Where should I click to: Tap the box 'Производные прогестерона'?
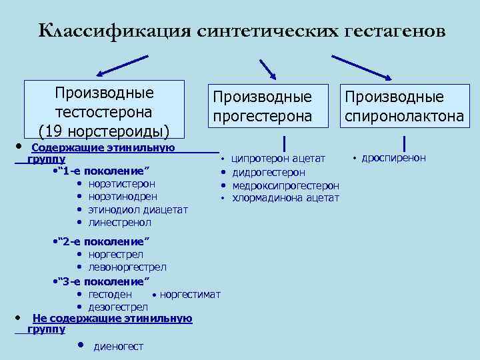coord(262,106)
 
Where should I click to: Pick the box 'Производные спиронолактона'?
coord(404,106)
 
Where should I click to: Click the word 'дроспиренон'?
coord(393,158)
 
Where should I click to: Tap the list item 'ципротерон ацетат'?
coord(278,159)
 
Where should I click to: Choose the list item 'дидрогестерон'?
coord(269,173)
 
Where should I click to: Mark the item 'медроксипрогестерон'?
coord(285,185)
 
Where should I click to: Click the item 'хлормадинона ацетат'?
coord(285,198)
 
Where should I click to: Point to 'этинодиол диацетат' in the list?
coord(138,209)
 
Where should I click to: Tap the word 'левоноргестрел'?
coord(127,267)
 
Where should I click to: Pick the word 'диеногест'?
coord(119,346)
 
